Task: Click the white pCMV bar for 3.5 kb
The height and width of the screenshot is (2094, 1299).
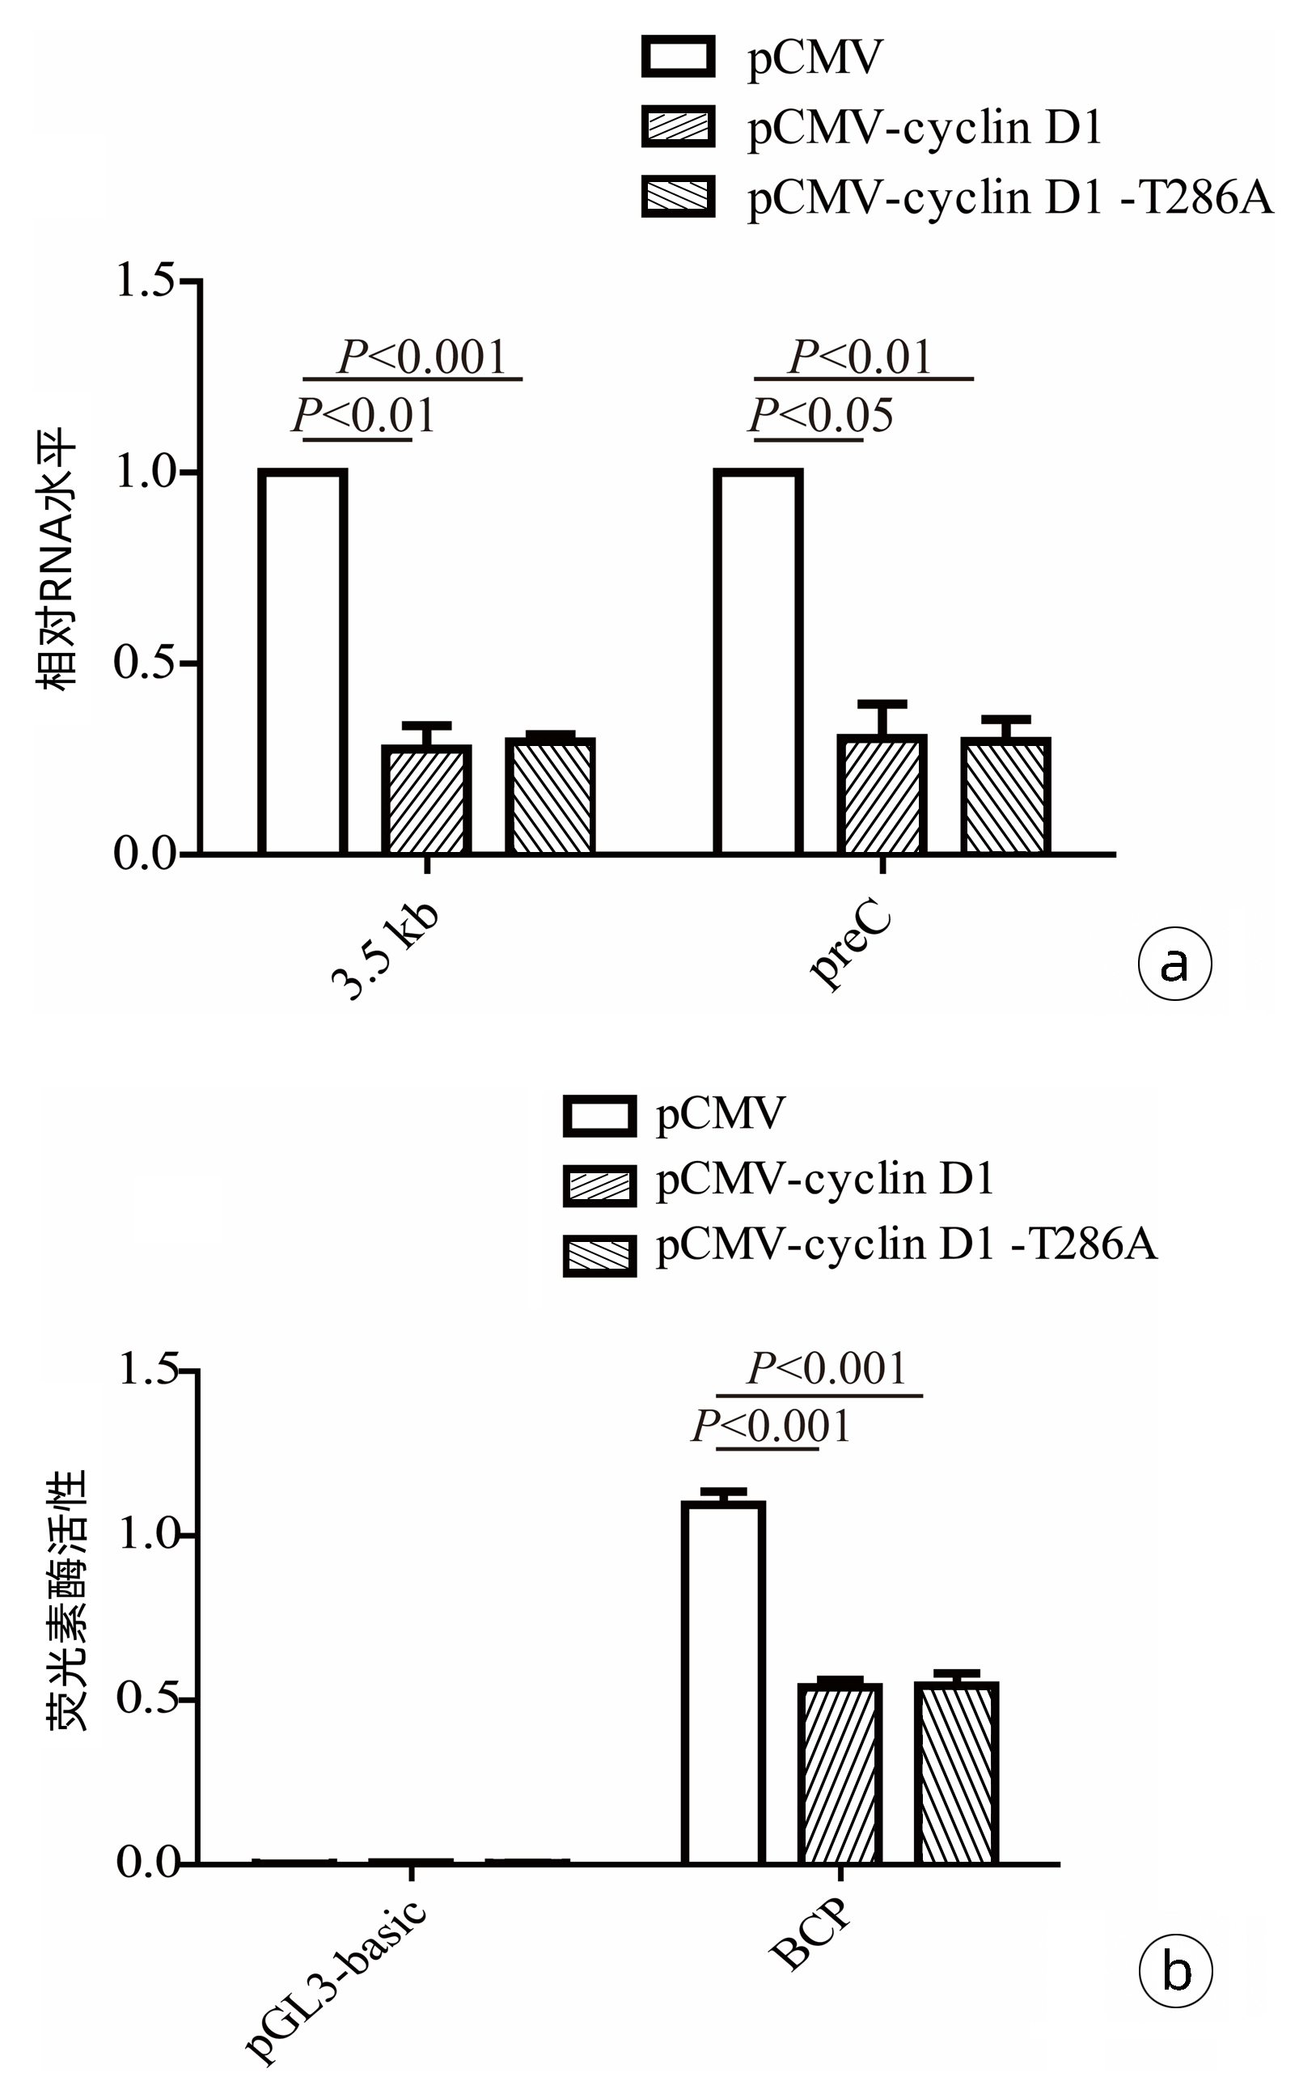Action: coord(303,662)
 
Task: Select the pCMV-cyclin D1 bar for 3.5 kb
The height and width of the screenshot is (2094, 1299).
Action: coord(426,799)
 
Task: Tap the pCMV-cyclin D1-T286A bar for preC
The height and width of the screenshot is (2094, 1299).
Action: coord(1005,795)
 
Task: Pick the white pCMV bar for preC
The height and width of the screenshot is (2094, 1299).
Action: coord(758,662)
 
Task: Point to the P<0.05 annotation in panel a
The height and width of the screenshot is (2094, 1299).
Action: coord(821,416)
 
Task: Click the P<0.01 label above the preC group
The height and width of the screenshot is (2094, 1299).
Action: coord(860,357)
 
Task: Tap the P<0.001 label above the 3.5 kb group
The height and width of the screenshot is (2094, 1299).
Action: coord(423,357)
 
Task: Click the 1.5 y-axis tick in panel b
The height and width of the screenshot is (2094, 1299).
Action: coord(148,1369)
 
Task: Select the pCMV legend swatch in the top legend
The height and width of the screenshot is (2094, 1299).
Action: coord(678,57)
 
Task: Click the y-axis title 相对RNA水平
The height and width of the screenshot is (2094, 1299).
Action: coord(57,558)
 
